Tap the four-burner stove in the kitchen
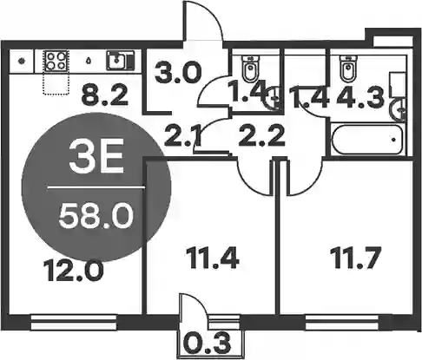[56, 61]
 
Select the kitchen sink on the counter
[121, 61]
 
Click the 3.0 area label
[178, 74]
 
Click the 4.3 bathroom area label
[360, 97]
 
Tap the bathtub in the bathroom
[367, 139]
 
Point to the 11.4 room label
[213, 258]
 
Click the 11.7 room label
[355, 258]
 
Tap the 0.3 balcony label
[208, 344]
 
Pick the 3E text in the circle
[96, 158]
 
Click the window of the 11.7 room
[342, 323]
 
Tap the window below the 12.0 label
[74, 323]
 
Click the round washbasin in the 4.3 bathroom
[399, 110]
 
